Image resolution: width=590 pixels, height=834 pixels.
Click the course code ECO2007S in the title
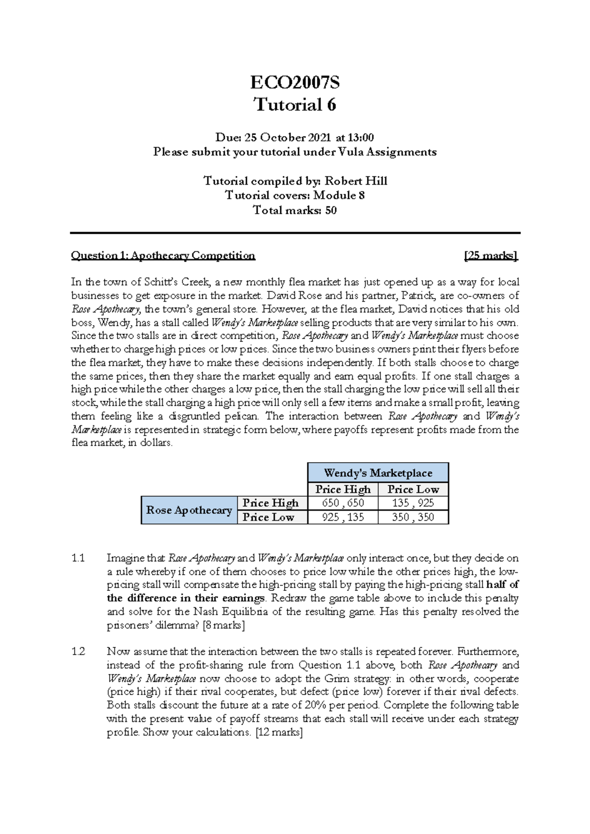(x=295, y=83)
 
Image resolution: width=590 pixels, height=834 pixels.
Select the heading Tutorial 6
(x=295, y=105)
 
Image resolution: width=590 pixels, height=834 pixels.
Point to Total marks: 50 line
(x=295, y=210)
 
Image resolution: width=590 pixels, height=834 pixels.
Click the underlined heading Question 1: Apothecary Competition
(x=163, y=255)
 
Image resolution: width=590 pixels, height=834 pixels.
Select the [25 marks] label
(x=491, y=255)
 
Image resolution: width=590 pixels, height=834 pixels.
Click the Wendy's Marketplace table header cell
(x=378, y=473)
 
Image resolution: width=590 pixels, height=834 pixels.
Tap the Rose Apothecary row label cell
(x=189, y=510)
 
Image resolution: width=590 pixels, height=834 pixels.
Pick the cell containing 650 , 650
(x=343, y=503)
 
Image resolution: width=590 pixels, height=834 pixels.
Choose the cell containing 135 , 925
(x=413, y=503)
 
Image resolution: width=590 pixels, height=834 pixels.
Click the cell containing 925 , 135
(x=343, y=517)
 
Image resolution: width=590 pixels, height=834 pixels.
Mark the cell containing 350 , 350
(x=413, y=517)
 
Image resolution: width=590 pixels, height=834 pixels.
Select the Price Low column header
(x=413, y=489)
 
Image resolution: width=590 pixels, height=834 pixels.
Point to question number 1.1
(x=78, y=558)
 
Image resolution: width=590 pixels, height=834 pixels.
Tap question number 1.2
(x=78, y=652)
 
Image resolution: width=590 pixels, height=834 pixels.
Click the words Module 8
(x=339, y=195)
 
